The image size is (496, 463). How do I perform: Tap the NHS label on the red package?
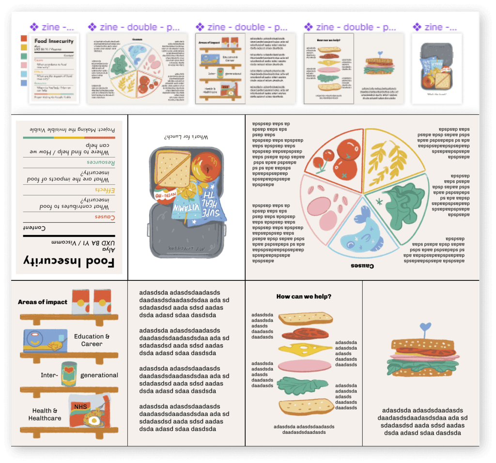80,406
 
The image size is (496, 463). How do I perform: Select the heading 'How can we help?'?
304,296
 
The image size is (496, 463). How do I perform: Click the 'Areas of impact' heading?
43,302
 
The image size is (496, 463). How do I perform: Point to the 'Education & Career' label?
92,340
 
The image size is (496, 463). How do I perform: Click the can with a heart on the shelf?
69,374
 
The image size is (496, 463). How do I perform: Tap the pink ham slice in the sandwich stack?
305,365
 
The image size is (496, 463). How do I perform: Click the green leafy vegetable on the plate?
404,205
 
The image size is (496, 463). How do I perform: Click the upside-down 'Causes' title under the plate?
362,266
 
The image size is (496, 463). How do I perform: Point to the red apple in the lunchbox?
206,167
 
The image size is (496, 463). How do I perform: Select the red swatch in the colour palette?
24,38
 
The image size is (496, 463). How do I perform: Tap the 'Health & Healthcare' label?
45,415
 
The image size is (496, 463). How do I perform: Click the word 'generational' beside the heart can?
99,375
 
